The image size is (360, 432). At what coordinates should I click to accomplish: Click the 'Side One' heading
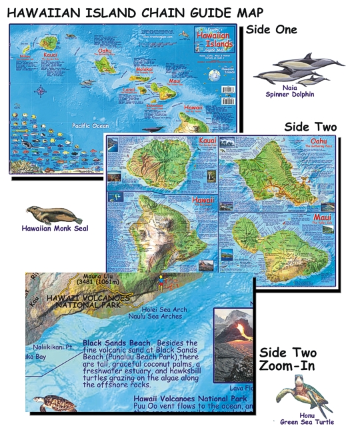[271, 29]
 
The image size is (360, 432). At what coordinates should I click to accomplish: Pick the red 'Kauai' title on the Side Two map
[207, 141]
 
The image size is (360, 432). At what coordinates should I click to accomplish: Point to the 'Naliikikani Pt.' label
[54, 347]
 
